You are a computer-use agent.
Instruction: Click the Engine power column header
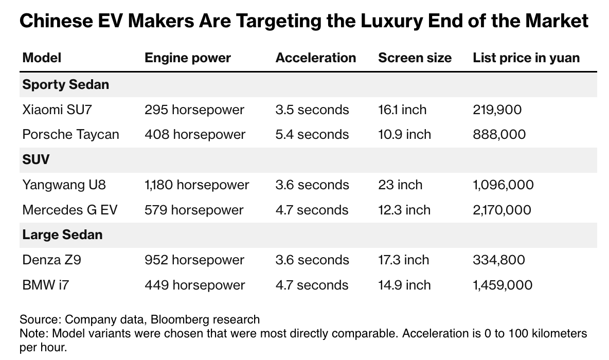coord(188,58)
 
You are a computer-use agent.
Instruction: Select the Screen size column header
coord(415,58)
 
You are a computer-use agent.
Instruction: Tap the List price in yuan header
coord(526,58)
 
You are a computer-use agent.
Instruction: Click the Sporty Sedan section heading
coord(66,84)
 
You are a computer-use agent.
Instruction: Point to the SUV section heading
coord(36,159)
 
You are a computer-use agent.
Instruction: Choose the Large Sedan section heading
coord(62,235)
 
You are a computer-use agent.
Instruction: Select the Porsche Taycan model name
coord(70,135)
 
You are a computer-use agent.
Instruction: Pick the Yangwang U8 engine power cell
coord(196,185)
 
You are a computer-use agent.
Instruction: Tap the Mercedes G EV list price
coord(503,210)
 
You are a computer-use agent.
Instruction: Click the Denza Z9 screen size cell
coord(403,260)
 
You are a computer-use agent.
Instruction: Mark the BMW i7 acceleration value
coord(312,285)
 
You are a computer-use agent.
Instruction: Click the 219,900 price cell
coord(497,110)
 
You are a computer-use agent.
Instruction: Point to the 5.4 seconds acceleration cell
coord(312,135)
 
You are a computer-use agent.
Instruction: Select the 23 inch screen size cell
coord(400,185)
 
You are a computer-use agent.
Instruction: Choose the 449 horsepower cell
coord(194,285)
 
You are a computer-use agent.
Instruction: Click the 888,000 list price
coord(499,135)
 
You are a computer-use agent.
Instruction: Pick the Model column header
coord(42,58)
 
